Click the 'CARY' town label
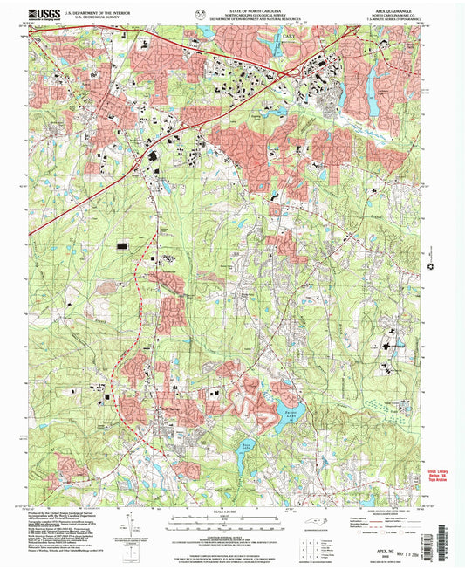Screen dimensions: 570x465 pos(289,36)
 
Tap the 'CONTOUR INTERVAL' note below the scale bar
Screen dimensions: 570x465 pos(232,525)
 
